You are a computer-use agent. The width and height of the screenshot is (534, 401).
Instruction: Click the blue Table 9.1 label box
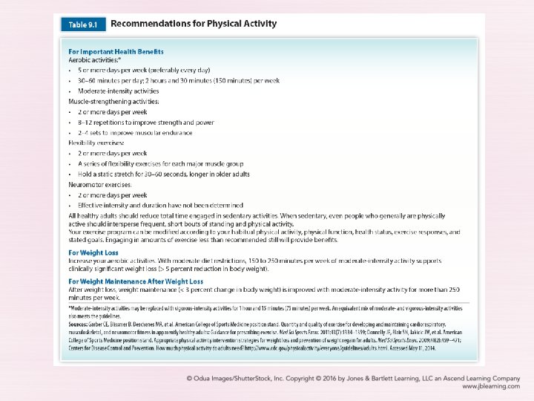click(x=82, y=24)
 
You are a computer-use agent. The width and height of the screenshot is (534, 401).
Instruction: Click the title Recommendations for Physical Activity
click(x=194, y=24)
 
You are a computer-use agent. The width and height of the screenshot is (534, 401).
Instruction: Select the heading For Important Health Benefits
click(x=116, y=51)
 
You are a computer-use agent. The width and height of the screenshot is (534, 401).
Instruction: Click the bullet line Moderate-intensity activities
click(x=119, y=91)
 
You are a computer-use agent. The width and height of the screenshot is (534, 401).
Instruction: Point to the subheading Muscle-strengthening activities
click(x=113, y=100)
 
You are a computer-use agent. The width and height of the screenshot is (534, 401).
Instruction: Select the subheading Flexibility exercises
click(x=98, y=143)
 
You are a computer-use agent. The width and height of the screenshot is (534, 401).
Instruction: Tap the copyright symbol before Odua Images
click(x=190, y=376)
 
